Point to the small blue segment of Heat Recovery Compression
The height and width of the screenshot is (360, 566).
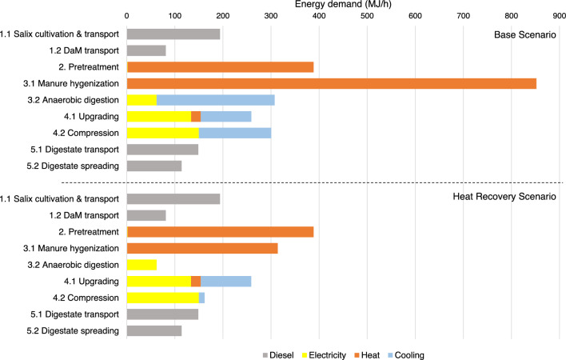(x=201, y=298)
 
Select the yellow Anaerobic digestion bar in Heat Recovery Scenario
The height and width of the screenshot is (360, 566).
(x=141, y=265)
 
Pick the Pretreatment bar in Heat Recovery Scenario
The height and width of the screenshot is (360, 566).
(x=220, y=232)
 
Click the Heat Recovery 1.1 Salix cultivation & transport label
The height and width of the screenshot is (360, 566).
(x=60, y=199)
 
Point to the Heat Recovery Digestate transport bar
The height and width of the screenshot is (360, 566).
(x=162, y=314)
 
